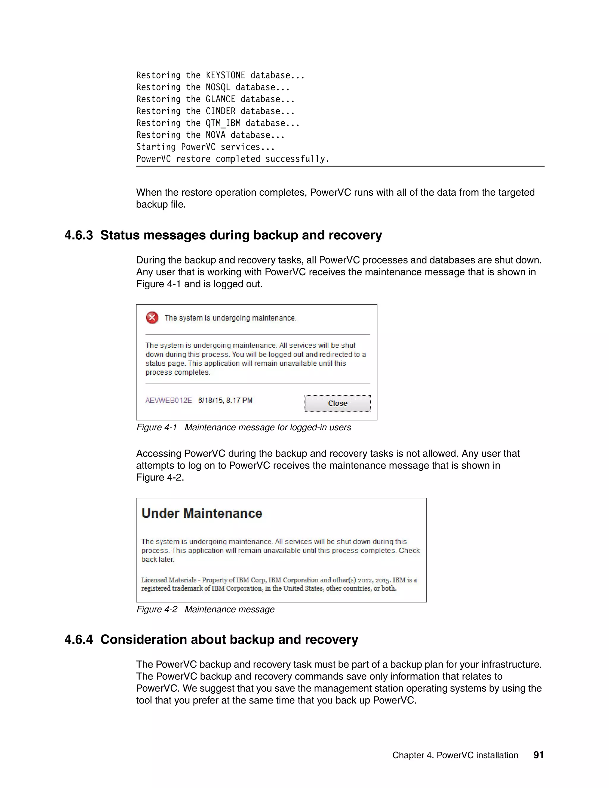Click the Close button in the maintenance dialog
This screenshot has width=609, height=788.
[x=337, y=404]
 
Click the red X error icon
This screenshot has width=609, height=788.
[x=152, y=318]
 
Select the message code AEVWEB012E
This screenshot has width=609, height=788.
[x=169, y=401]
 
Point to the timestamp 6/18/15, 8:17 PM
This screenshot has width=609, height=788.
[x=225, y=401]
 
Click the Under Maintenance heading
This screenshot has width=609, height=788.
[x=202, y=514]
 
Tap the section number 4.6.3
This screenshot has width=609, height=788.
[x=79, y=235]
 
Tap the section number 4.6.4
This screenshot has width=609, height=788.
[x=79, y=640]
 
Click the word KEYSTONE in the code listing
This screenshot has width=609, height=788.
[x=225, y=76]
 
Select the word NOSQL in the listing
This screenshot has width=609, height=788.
[x=218, y=87]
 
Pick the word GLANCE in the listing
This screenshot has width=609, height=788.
[x=220, y=99]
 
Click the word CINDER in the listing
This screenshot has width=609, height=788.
[x=220, y=111]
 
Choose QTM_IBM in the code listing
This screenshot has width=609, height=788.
[x=223, y=123]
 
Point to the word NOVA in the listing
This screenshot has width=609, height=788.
[x=215, y=135]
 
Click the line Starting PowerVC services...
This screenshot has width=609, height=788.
[x=205, y=147]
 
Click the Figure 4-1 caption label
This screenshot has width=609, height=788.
[x=157, y=428]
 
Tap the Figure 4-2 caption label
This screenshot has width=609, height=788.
[x=157, y=609]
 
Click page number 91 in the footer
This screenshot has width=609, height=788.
[x=538, y=755]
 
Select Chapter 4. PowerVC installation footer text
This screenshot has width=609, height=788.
[x=455, y=756]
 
